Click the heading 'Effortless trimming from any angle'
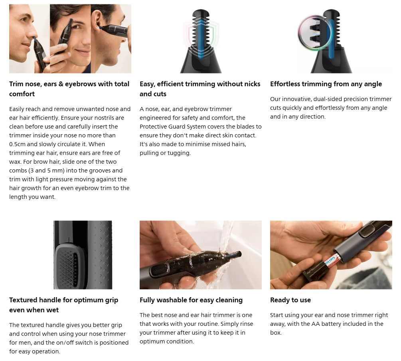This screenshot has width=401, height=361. [326, 84]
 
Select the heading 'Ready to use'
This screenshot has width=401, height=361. [290, 300]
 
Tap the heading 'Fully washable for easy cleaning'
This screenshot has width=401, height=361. [191, 300]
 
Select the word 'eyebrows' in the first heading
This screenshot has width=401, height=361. [84, 84]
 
